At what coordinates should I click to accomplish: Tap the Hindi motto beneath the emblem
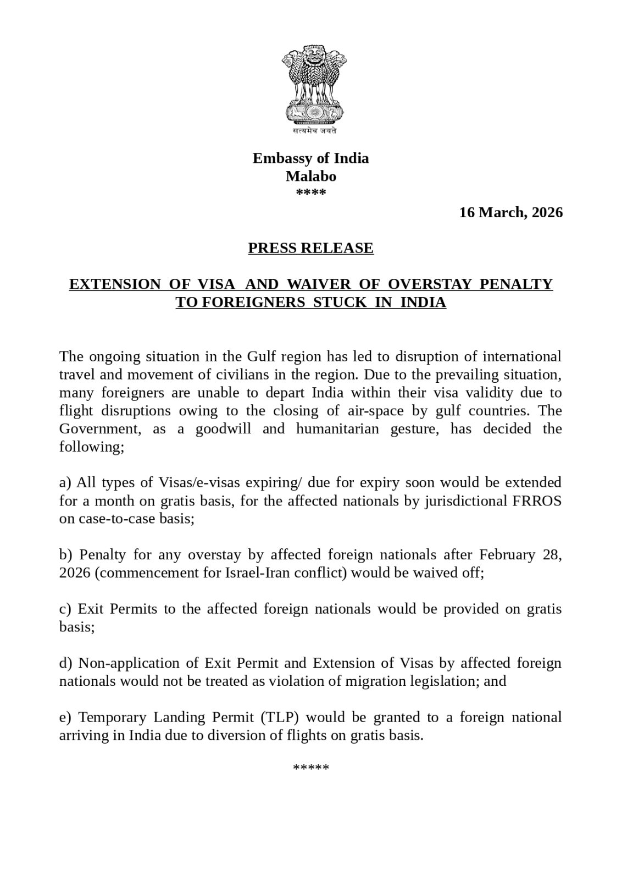(310, 131)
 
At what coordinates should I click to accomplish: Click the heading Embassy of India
(310, 158)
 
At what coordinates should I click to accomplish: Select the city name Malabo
(310, 176)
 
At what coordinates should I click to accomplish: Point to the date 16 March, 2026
(511, 212)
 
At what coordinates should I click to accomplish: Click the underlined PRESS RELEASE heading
(310, 248)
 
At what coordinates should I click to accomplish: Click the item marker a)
(65, 482)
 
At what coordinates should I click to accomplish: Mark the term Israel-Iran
(254, 573)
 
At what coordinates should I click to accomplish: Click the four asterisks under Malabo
(310, 193)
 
